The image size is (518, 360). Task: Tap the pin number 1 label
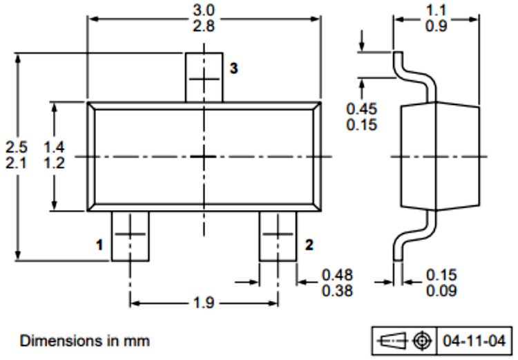99,245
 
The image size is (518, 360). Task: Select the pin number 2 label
309,245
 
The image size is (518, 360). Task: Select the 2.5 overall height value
17,147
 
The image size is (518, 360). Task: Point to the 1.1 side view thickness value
436,11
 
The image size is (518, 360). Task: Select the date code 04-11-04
474,341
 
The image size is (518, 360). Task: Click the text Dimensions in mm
84,341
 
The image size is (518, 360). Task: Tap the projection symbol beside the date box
405,341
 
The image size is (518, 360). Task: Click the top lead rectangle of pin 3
204,77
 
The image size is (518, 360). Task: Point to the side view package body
440,156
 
